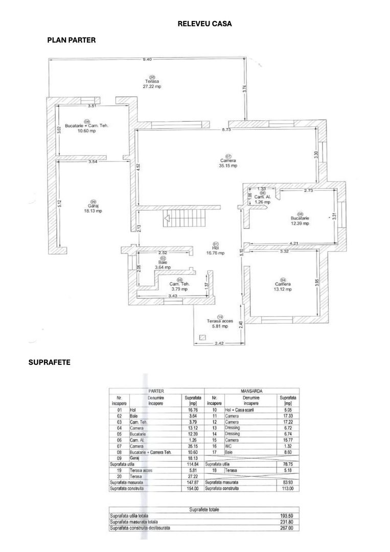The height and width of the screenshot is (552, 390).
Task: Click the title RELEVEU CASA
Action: pos(204,24)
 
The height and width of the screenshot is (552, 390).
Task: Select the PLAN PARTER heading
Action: pos(71,40)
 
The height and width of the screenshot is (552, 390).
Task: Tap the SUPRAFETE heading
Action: pos(49,362)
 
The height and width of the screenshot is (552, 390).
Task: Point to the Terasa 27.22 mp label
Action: pos(152,83)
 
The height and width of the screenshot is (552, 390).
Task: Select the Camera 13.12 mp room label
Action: pos(283,286)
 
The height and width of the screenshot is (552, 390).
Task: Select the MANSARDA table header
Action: pos(253,390)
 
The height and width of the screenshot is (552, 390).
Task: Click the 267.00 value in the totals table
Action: pos(293,528)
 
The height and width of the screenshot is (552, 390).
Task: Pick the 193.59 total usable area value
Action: pos(293,517)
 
